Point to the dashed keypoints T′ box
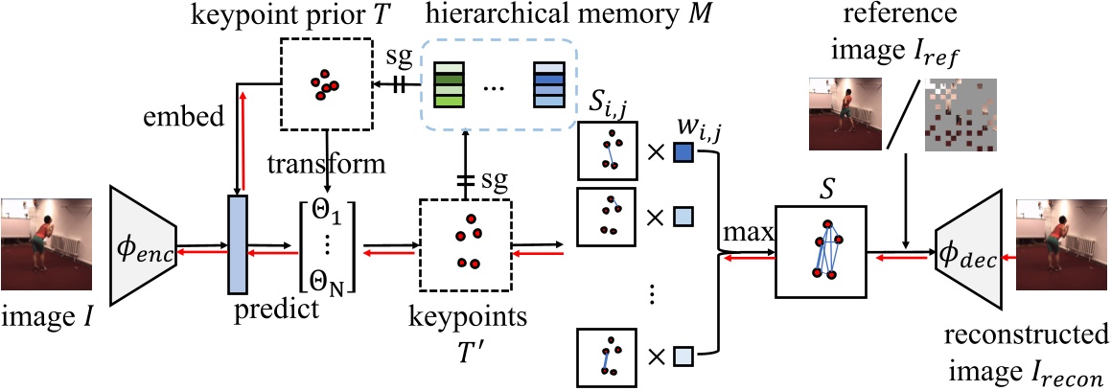click(465, 248)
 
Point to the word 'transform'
click(327, 163)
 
